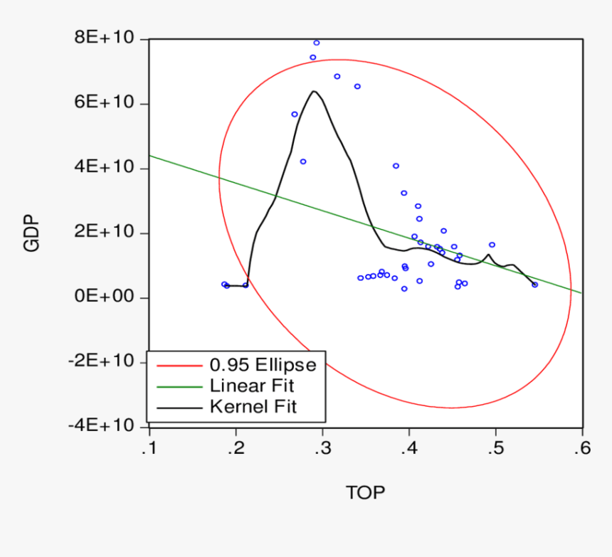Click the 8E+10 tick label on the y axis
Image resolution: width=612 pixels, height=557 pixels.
(x=105, y=38)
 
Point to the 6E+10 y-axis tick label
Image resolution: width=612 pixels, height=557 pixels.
(x=105, y=103)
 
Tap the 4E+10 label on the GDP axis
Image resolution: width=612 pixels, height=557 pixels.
(x=105, y=168)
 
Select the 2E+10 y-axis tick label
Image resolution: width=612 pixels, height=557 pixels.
(x=105, y=233)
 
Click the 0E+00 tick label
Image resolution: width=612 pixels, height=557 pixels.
(x=105, y=297)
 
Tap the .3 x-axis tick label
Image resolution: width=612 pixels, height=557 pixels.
(x=322, y=449)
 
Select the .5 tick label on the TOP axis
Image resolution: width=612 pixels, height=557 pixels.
(x=495, y=449)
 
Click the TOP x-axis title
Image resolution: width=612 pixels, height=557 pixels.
(x=365, y=492)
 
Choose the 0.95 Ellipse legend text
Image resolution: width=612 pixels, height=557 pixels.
(x=263, y=365)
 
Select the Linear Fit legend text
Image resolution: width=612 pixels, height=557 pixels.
(x=252, y=386)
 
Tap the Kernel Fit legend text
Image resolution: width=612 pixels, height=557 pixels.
(x=253, y=407)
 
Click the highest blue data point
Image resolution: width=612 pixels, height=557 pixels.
(x=317, y=43)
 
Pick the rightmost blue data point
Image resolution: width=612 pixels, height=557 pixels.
(x=535, y=285)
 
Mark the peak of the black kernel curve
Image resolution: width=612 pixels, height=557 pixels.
(x=313, y=91)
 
